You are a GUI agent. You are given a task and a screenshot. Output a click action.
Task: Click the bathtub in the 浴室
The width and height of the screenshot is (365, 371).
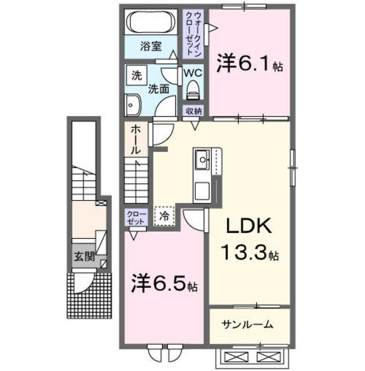point(150,23)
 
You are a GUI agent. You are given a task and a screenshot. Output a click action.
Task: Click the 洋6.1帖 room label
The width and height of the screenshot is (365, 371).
point(250,64)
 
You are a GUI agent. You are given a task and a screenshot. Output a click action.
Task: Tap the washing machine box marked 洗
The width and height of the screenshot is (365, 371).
point(136,75)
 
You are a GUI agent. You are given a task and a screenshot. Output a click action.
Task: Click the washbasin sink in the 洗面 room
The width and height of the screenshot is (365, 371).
point(132,104)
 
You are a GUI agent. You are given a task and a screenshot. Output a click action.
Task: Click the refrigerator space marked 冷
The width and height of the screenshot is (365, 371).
point(164,216)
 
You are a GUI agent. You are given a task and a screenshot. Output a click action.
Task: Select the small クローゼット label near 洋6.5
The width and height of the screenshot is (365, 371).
point(136,217)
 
